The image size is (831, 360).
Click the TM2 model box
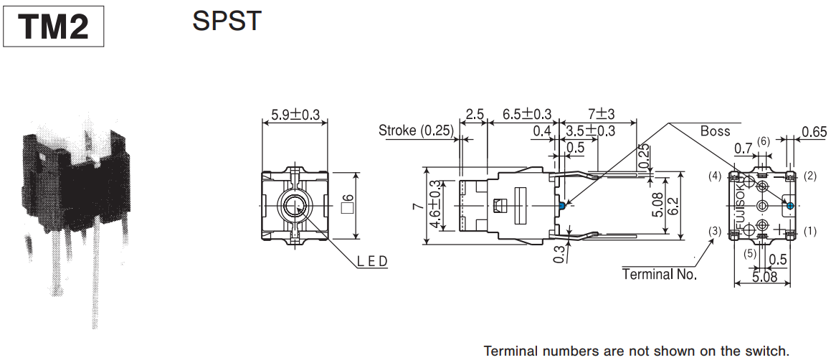coord(54,27)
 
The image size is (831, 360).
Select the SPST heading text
coord(227,21)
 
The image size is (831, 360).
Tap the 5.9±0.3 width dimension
coord(295,114)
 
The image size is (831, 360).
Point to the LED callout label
coord(372,261)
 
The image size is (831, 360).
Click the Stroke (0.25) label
coord(416,131)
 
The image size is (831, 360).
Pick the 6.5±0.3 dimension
coord(526,114)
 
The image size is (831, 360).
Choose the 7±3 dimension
coord(601,114)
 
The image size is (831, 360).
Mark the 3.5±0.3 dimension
coord(590,131)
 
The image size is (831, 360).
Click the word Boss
coord(715,131)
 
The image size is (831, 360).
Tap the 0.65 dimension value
coord(814,131)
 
